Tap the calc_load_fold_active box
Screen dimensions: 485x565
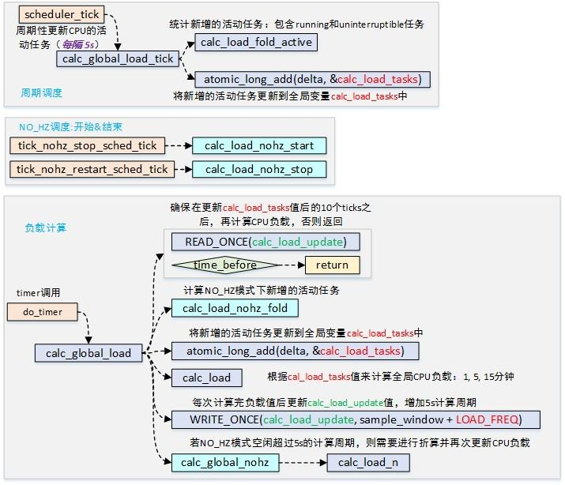coord(256,42)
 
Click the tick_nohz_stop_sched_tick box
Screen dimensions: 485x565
coord(89,146)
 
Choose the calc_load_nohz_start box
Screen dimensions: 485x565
coord(258,146)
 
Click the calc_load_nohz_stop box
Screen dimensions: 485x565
coord(258,169)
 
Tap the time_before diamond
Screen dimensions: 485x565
coord(226,265)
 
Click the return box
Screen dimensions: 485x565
coord(332,265)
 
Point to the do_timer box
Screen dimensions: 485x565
coord(42,312)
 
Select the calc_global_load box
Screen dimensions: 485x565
coord(88,352)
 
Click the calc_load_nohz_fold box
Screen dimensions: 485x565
coord(235,308)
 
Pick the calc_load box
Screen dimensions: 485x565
coord(206,378)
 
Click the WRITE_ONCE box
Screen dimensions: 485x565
coord(345,419)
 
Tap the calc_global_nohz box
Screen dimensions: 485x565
coord(225,462)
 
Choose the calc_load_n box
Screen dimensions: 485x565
coord(368,462)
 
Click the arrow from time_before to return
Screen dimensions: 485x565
coord(292,265)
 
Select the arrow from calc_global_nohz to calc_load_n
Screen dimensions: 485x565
coord(303,462)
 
